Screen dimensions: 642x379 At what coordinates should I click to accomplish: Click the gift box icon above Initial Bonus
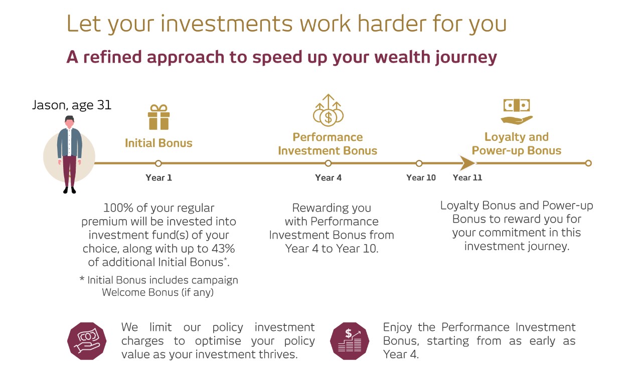tap(159, 117)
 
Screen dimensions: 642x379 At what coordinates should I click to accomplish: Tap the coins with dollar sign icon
tap(328, 110)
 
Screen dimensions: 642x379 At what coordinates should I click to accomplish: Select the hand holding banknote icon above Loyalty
tap(517, 111)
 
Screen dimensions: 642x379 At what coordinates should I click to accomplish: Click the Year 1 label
tap(159, 177)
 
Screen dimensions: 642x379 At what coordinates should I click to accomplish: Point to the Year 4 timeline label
tap(328, 177)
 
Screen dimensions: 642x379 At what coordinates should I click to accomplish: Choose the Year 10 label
tap(421, 177)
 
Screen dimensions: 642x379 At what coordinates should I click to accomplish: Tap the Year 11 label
tap(467, 177)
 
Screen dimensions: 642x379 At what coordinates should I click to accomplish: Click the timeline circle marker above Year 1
tap(158, 163)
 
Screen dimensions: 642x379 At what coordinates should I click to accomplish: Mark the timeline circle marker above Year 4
tap(328, 163)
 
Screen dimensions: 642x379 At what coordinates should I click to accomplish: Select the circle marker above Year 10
tap(419, 163)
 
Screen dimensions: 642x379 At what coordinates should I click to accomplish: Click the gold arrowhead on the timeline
tap(467, 163)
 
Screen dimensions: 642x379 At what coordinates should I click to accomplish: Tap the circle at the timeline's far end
tap(588, 163)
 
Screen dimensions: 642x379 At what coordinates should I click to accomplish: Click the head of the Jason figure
tap(70, 122)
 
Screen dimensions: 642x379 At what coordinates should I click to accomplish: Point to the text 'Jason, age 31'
tap(72, 105)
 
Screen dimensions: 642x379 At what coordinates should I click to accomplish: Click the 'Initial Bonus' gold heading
tap(158, 143)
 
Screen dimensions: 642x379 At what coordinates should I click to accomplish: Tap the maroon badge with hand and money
tap(87, 341)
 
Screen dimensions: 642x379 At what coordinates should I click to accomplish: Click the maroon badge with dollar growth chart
tap(350, 341)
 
